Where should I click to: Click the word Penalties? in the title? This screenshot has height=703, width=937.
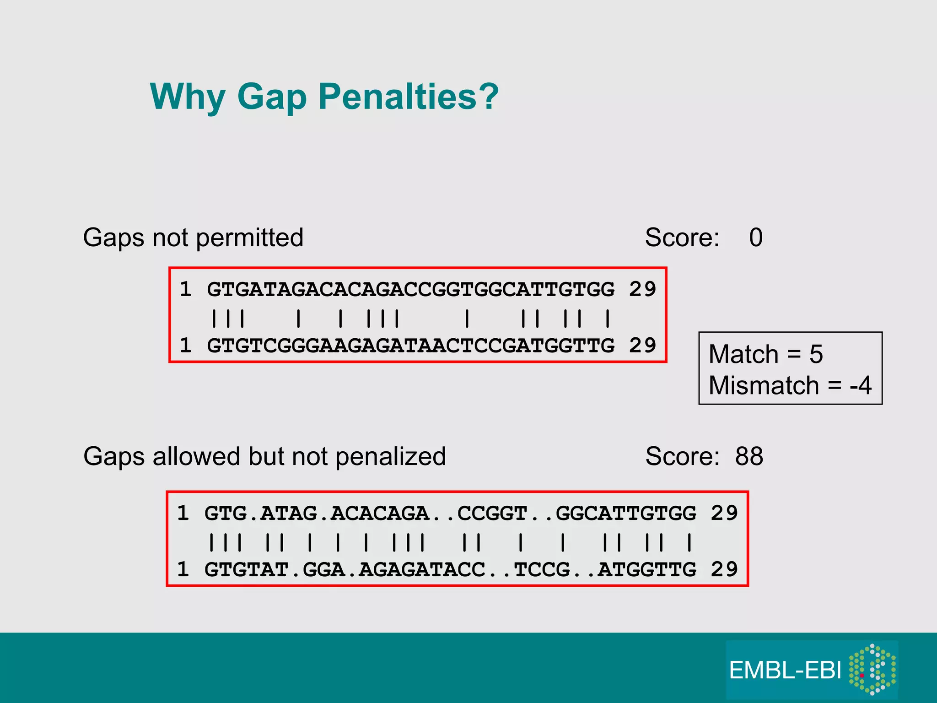coord(408,97)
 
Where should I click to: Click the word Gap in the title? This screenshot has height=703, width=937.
coord(271,97)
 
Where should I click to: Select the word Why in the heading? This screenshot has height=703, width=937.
coord(188,97)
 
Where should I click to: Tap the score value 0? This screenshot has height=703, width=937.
coord(756,238)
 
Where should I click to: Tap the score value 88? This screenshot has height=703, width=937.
coord(749,456)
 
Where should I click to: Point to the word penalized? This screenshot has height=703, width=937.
coord(390,457)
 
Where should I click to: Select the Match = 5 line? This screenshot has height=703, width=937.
coord(765,354)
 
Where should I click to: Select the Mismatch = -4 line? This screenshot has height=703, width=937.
coord(790,385)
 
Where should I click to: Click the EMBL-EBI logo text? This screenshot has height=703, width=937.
coord(785,671)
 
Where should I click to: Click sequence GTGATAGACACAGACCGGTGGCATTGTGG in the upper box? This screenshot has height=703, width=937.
coord(410,289)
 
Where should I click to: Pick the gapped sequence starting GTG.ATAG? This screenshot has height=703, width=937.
coord(450,513)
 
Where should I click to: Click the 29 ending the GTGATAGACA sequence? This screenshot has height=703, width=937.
coord(642,289)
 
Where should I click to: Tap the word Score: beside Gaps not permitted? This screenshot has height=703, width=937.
coord(682,238)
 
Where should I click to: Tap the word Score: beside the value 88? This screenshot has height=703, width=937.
coord(682,456)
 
